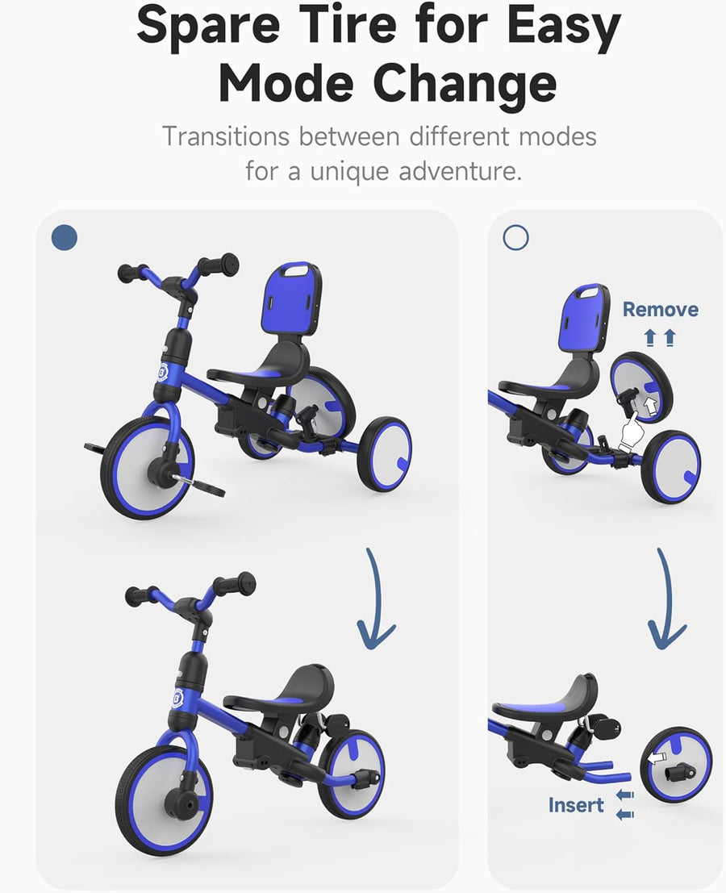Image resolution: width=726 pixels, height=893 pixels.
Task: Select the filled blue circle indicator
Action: tap(64, 236)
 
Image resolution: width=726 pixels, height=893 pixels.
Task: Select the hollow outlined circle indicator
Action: tap(515, 236)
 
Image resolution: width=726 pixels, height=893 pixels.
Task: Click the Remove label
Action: tap(660, 309)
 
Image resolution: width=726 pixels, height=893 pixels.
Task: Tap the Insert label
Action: tap(576, 804)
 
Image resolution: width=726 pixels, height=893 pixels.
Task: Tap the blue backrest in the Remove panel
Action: tap(582, 319)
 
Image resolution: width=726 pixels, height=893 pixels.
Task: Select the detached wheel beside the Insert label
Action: tap(676, 764)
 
